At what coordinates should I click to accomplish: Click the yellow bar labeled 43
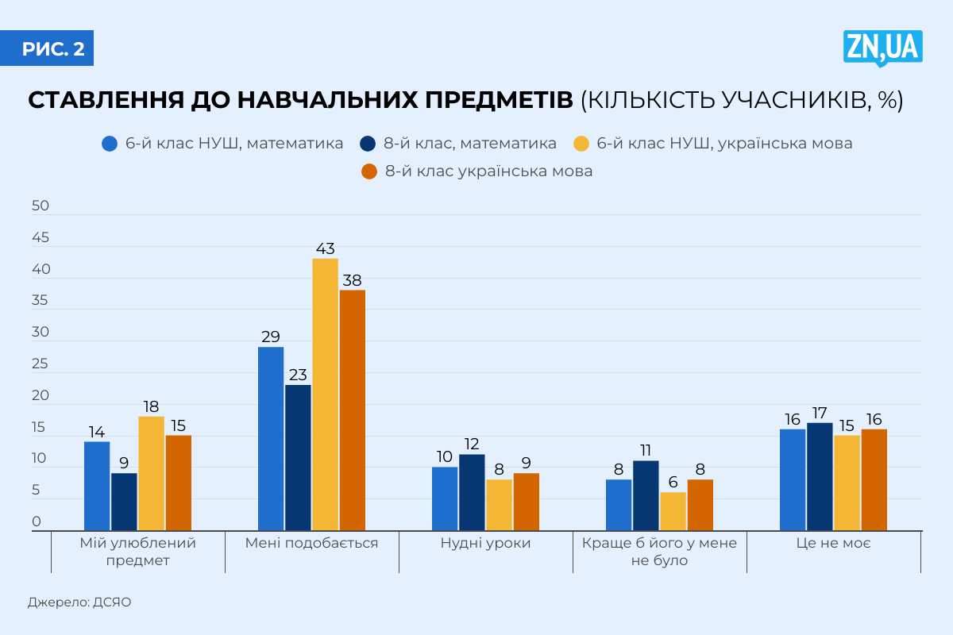tap(325, 394)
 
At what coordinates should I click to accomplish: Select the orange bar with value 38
tap(353, 410)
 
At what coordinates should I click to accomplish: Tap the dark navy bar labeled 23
tap(298, 458)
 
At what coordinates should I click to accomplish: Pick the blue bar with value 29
tap(271, 439)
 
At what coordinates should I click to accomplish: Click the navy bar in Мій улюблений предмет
tap(124, 502)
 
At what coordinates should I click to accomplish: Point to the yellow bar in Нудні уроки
tap(499, 505)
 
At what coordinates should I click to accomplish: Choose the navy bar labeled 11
tap(646, 495)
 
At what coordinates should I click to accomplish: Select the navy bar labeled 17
tap(820, 476)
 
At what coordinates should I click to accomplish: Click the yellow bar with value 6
tap(673, 511)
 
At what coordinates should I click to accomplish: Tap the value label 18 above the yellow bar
tap(151, 406)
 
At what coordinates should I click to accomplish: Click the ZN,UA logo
tap(882, 48)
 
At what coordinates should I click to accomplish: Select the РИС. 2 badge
tap(53, 48)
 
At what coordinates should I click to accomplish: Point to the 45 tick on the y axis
tap(41, 238)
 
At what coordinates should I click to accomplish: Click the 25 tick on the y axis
tap(41, 364)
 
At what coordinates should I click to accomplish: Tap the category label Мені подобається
tap(311, 544)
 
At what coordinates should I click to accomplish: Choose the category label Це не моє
tap(834, 544)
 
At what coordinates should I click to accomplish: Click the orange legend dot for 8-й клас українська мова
tap(368, 171)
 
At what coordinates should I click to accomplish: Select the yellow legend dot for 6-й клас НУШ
tap(581, 144)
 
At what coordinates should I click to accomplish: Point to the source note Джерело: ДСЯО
tap(79, 602)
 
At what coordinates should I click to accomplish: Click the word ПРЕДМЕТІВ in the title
tap(480, 101)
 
